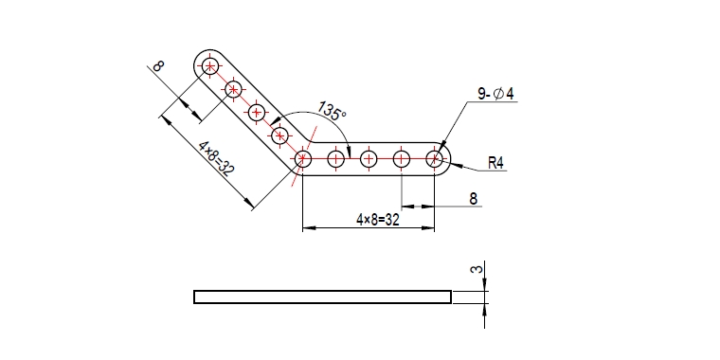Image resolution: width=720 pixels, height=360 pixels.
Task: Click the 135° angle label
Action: (332, 111)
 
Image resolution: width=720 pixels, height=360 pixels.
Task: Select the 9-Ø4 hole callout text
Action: (495, 94)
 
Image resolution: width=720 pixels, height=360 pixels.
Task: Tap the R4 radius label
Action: (495, 163)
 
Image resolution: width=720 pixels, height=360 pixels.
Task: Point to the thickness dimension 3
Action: (477, 268)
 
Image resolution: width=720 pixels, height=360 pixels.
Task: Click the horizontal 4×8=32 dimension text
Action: (377, 219)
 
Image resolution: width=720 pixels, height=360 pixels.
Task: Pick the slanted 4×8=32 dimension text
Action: (216, 158)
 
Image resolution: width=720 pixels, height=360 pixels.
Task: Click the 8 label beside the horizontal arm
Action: (474, 199)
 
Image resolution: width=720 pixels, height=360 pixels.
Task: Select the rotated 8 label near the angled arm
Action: (157, 66)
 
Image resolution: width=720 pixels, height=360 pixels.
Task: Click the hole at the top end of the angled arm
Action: (210, 67)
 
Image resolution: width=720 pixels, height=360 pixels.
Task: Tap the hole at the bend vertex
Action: (302, 159)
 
